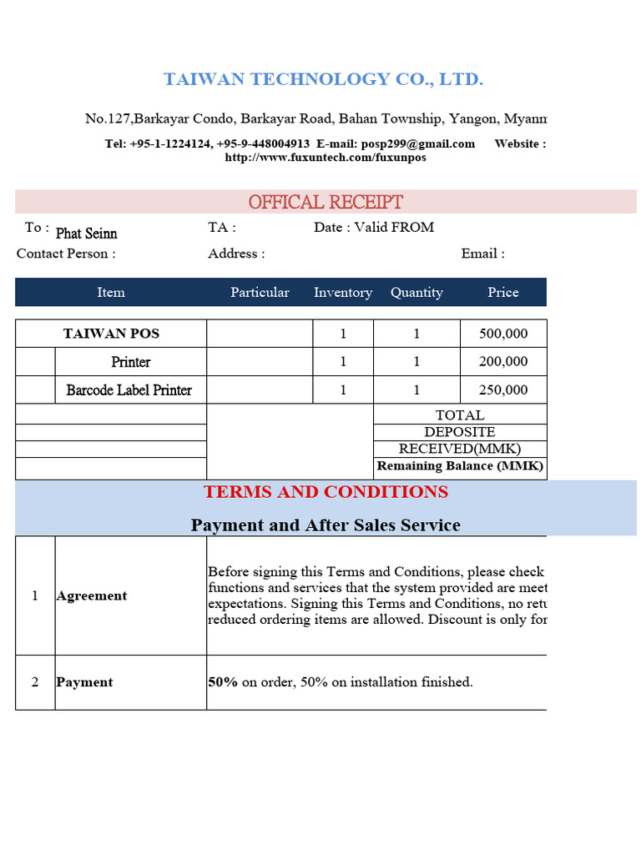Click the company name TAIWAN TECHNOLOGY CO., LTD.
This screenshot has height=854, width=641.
323,79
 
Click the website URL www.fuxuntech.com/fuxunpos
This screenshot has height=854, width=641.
326,157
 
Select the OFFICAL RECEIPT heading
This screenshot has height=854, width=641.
326,202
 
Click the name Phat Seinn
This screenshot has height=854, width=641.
86,234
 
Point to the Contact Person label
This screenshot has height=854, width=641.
66,254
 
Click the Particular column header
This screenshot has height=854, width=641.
260,292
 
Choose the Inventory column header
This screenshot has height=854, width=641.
343,292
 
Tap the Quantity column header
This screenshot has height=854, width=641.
416,292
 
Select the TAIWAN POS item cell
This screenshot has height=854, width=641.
111,334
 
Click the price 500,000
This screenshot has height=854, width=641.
503,334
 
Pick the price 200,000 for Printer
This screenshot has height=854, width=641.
503,362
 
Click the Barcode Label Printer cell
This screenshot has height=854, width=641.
129,390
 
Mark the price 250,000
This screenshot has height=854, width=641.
503,390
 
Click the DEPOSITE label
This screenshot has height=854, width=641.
460,432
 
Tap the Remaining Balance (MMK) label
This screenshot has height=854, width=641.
460,466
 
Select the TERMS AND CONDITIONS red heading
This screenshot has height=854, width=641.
326,492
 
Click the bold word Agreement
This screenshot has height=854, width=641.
92,595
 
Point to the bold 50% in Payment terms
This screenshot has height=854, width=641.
223,682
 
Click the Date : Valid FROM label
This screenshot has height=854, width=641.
374,227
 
